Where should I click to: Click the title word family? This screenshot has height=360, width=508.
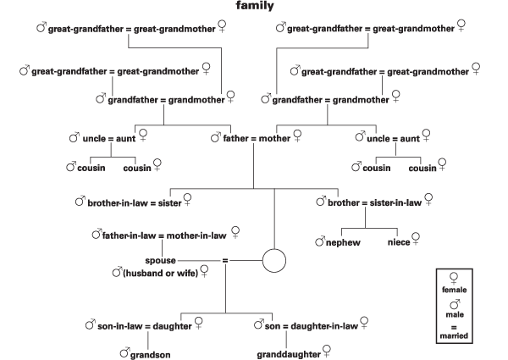tap(255, 6)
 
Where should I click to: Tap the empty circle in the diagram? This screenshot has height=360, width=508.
tap(274, 249)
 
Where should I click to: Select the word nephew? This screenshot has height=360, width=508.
tap(343, 243)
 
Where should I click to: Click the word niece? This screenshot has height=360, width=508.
tap(399, 242)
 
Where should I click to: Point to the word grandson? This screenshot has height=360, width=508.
tap(151, 355)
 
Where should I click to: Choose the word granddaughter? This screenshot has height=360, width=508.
tap(289, 354)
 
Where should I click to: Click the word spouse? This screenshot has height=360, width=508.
tap(160, 261)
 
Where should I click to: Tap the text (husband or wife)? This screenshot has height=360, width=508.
tap(160, 273)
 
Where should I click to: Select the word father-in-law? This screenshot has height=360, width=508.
tap(129, 235)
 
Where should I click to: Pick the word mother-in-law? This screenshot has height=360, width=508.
tap(196, 235)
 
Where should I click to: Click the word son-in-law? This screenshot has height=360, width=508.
tap(120, 326)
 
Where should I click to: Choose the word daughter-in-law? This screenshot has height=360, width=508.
tap(324, 326)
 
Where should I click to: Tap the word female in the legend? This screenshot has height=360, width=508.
tap(454, 290)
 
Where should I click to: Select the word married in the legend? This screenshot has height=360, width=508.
tap(454, 335)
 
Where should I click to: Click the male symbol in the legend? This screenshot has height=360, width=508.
tap(455, 304)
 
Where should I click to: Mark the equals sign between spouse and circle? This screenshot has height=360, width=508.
tap(225, 261)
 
